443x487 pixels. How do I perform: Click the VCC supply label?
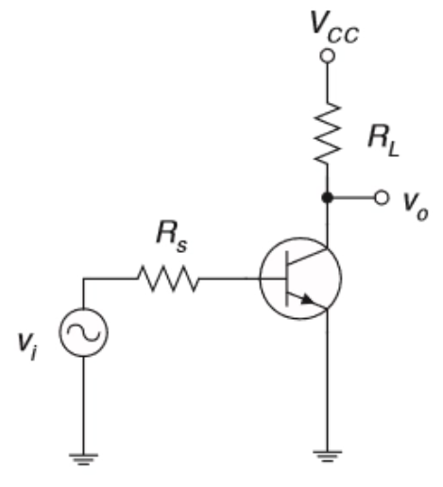pyautogui.click(x=334, y=26)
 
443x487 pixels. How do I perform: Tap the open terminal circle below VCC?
pyautogui.click(x=327, y=56)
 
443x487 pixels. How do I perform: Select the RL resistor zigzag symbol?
pyautogui.click(x=328, y=133)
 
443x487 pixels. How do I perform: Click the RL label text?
pyautogui.click(x=383, y=141)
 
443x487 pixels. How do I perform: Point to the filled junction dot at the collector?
pyautogui.click(x=327, y=197)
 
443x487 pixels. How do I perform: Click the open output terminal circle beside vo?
pyautogui.click(x=382, y=197)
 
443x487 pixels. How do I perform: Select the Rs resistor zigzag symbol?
pyautogui.click(x=168, y=278)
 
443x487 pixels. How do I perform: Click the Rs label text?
pyautogui.click(x=172, y=237)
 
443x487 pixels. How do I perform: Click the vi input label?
pyautogui.click(x=27, y=346)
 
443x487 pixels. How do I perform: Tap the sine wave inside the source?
pyautogui.click(x=83, y=333)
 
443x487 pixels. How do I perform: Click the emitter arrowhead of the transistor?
pyautogui.click(x=307, y=299)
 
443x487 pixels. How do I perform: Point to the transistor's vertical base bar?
pyautogui.click(x=287, y=278)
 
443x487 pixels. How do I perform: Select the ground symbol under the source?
pyautogui.click(x=83, y=459)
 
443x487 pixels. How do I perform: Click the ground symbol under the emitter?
pyautogui.click(x=328, y=457)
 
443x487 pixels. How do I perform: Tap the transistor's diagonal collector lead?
pyautogui.click(x=308, y=256)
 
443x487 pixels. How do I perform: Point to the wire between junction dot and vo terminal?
pyautogui.click(x=353, y=197)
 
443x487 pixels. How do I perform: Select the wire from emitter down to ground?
pyautogui.click(x=328, y=379)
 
